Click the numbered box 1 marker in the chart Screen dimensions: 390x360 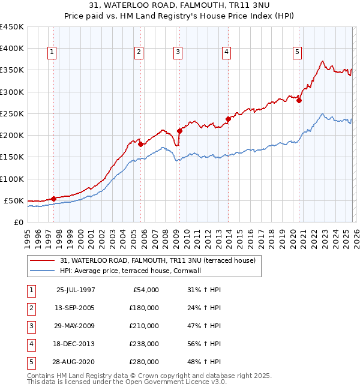[x=53, y=53]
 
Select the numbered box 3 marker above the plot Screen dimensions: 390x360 [x=178, y=53]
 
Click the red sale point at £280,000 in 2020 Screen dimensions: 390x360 [x=299, y=101]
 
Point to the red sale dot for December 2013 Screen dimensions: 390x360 [x=228, y=119]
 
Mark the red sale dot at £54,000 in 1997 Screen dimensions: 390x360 [x=53, y=199]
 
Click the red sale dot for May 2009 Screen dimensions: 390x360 [x=179, y=131]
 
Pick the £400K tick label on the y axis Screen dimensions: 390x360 [x=12, y=49]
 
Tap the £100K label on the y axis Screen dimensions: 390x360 [x=12, y=179]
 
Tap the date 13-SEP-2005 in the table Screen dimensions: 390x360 [x=76, y=308]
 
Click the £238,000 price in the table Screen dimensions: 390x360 [x=145, y=344]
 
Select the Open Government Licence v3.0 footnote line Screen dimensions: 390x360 [x=127, y=382]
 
